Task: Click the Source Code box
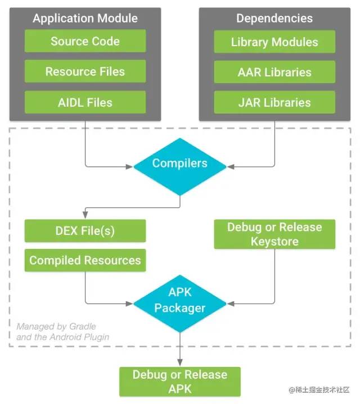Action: point(85,41)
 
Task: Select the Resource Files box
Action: point(85,71)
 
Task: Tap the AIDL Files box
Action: point(85,102)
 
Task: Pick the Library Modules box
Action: point(274,42)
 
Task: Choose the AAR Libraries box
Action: point(274,72)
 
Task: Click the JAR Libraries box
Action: point(274,102)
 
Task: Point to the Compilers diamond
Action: point(180,167)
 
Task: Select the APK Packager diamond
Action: point(180,303)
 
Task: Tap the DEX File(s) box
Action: point(85,231)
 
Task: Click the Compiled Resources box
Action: point(85,260)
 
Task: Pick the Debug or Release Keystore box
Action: point(274,234)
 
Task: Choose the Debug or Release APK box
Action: point(180,382)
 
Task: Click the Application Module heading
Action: point(85,19)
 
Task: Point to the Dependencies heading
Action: point(274,19)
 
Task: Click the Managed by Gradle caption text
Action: point(62,332)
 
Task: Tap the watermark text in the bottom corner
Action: point(319,389)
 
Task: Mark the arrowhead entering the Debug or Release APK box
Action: point(180,362)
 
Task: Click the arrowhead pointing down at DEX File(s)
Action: point(85,215)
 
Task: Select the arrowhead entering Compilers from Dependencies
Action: point(231,167)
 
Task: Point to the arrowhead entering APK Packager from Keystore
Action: point(231,304)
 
